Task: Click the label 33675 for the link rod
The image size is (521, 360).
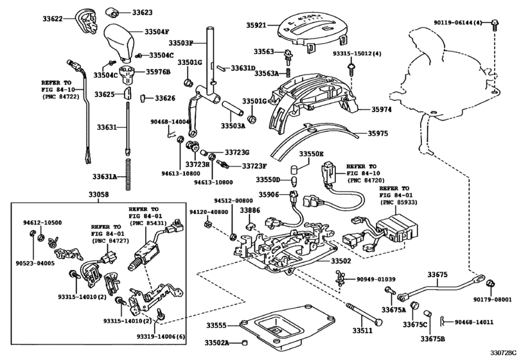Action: [x=437, y=274]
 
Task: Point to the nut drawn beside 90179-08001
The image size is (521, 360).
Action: [x=490, y=283]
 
